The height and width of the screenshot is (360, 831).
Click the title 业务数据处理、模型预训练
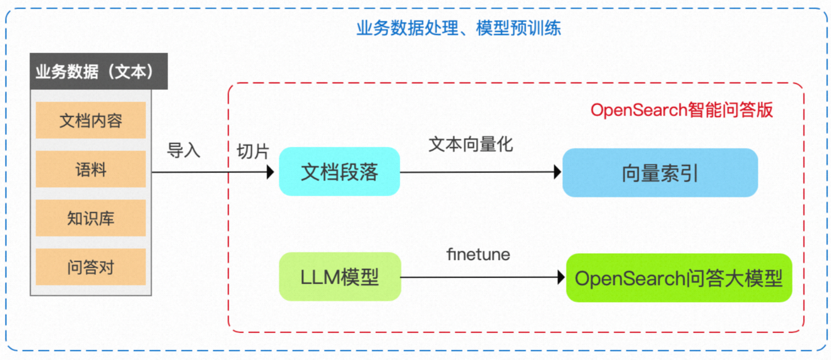pos(458,28)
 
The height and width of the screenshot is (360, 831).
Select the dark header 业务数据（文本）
pos(98,72)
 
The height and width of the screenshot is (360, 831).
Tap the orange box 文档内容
pos(91,121)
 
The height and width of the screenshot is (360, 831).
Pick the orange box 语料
pos(91,170)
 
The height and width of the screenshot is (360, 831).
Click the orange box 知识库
pos(91,218)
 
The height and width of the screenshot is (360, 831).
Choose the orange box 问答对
pos(91,267)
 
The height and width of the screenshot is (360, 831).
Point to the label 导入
pos(184,151)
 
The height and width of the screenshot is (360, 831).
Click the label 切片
pos(253,151)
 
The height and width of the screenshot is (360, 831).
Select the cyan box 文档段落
pos(339,172)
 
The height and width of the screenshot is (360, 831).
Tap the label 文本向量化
pos(470,144)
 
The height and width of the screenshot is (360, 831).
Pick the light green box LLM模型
pos(339,277)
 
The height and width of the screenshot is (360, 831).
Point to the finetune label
pos(478,254)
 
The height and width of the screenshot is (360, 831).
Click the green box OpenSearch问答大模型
pos(679,278)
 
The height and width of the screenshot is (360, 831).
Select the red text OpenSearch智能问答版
pos(682,110)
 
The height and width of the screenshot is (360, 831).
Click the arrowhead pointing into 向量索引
pos(557,172)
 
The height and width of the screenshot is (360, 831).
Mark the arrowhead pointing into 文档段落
pos(269,172)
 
